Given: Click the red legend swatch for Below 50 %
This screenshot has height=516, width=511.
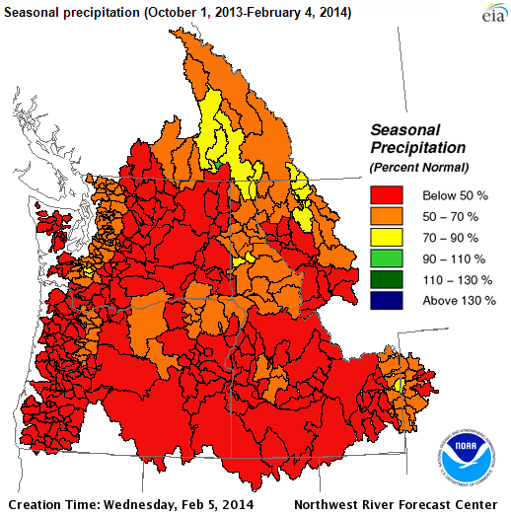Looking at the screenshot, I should point(386,194).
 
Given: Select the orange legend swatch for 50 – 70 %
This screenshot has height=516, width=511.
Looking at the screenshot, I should point(386,216).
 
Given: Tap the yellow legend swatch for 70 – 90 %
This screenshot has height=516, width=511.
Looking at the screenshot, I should point(386,238).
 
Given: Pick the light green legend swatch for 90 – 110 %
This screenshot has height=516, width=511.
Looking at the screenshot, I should point(386,258).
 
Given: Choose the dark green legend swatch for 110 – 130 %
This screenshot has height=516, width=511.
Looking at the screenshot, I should point(386,279).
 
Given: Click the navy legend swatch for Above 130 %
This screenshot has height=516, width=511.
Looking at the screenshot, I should point(386,300).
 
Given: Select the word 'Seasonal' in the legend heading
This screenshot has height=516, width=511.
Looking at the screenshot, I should point(404,129).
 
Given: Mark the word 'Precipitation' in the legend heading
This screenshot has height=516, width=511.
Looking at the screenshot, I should point(416,147).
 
